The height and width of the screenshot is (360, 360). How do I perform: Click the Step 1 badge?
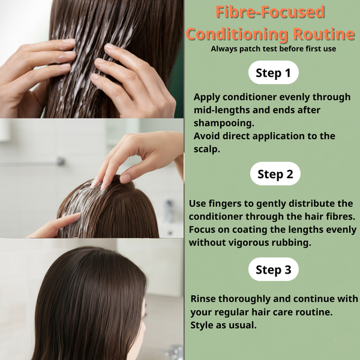pos(273,73)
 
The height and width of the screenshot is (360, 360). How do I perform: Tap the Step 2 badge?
pos(275,173)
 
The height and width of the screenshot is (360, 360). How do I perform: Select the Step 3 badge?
pos(273,269)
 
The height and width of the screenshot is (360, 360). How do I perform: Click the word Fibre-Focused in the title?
pos(270,12)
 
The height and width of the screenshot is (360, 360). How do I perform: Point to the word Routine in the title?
pos(324,34)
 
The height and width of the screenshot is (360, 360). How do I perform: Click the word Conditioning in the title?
pos(237,34)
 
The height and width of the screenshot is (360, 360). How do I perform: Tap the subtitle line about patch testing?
pos(273,49)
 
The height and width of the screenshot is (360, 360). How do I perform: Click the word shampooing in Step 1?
pos(224,123)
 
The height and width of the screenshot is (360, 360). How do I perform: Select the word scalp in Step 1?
pos(206,149)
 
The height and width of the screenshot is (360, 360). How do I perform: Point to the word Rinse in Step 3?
pos(203,299)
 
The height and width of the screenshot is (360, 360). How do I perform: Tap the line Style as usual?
pos(223,325)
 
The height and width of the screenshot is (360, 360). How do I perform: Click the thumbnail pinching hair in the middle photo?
pos(125,178)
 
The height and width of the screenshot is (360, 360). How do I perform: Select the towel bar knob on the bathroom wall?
pos(61,161)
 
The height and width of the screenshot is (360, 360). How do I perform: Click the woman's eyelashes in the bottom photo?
pos(145,315)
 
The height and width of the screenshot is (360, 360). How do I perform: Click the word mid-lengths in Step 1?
pos(221,110)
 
